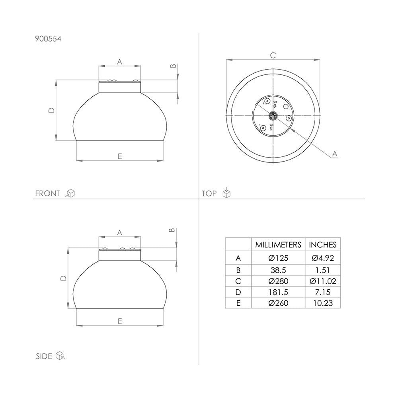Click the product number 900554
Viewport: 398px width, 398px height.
(x=48, y=39)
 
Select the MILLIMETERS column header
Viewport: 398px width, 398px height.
(x=278, y=245)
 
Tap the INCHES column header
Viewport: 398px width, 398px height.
(x=323, y=245)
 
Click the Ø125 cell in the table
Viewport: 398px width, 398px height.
(x=278, y=258)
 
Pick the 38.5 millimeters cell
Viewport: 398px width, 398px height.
(x=278, y=270)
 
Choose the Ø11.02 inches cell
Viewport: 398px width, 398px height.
(x=323, y=281)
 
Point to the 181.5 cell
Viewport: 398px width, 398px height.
(x=278, y=293)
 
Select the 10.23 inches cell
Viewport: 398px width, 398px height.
(x=323, y=303)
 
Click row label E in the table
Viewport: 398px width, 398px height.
(x=238, y=303)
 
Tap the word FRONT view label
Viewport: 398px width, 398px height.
(x=47, y=193)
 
